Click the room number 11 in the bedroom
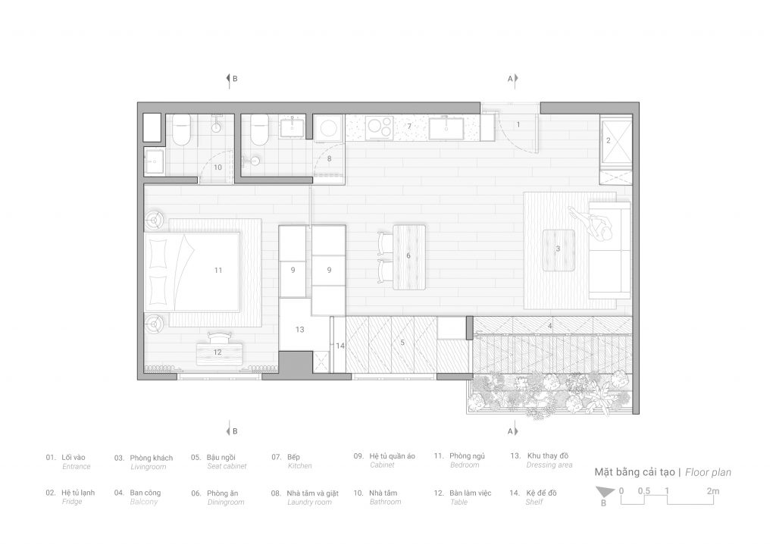(x=218, y=271)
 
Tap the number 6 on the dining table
(x=408, y=255)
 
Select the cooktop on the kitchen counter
(x=379, y=128)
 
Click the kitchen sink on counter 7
(x=446, y=128)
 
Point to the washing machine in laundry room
(x=329, y=128)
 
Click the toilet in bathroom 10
(x=181, y=130)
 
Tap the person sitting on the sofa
(x=593, y=223)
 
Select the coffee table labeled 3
(x=559, y=250)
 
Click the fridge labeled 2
(x=615, y=142)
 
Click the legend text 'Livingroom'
(x=149, y=467)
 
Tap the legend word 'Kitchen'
(x=300, y=466)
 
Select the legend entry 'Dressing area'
(x=549, y=465)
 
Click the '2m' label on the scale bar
(x=712, y=491)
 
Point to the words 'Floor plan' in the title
(x=709, y=472)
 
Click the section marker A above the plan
(x=512, y=78)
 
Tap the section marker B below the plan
(x=232, y=430)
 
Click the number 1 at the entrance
(x=518, y=125)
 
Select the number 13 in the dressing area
(x=300, y=329)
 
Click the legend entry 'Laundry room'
(x=309, y=502)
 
